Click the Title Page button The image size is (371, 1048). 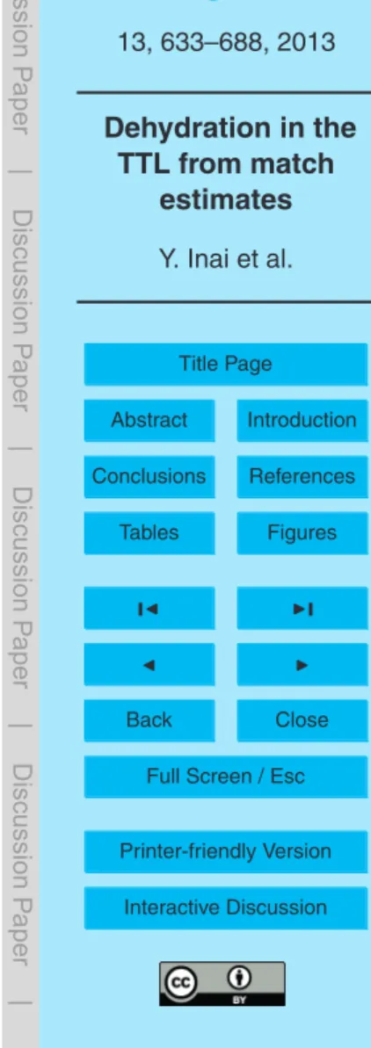(x=225, y=364)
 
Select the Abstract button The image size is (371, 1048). (x=149, y=421)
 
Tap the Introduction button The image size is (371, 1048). (x=302, y=421)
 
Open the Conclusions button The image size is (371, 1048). (x=149, y=476)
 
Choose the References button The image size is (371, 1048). (x=302, y=476)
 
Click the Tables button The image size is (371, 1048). (x=149, y=532)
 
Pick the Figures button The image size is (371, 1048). (x=302, y=532)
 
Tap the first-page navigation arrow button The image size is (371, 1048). (x=149, y=608)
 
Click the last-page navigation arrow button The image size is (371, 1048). (x=302, y=608)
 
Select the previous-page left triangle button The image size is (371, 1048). (x=149, y=664)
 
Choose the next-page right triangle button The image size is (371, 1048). (x=302, y=664)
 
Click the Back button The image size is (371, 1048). (x=149, y=719)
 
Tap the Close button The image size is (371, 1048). (x=302, y=719)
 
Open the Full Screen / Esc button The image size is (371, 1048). (x=225, y=777)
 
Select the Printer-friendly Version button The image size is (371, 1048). (x=225, y=851)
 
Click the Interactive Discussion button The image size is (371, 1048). (x=225, y=907)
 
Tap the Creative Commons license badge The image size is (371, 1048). (x=222, y=983)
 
